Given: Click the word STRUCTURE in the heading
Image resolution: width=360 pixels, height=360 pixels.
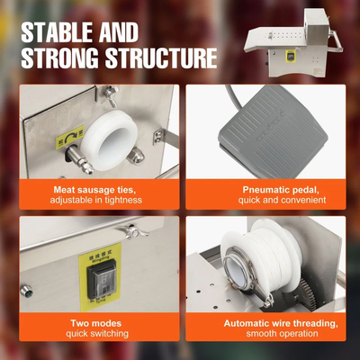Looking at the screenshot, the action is [x=161, y=58].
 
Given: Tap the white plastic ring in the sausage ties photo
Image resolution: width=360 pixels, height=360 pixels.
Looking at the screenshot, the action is [x=109, y=139].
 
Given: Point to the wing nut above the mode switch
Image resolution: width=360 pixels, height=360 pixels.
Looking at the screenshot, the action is [x=134, y=232].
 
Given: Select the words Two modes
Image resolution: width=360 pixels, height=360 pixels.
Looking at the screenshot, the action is [x=96, y=323].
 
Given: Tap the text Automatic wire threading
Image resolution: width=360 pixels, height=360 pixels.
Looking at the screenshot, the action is [x=281, y=323].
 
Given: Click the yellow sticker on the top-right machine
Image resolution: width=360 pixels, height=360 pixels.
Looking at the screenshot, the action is [x=292, y=56].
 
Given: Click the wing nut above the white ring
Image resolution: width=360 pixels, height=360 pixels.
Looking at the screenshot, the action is [x=112, y=94].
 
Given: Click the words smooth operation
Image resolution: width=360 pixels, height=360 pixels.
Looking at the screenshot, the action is [x=282, y=333].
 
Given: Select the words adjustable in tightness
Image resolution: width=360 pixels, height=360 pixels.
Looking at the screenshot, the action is [x=96, y=200].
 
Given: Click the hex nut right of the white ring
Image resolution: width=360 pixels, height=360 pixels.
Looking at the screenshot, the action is [x=136, y=156].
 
